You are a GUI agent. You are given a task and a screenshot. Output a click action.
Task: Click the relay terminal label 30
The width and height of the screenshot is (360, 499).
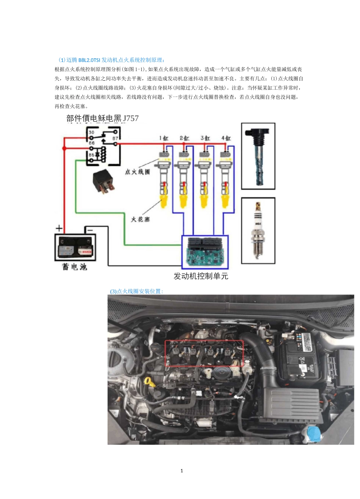coord(91,133)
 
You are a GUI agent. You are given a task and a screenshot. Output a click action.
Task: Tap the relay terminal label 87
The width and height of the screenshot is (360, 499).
coord(115,139)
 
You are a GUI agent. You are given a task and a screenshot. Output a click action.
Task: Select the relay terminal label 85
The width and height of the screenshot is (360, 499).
coord(92,155)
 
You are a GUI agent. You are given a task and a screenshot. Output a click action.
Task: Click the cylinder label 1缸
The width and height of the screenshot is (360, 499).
coord(164,138)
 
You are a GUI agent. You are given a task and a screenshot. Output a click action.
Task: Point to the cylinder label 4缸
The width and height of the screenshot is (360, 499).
coord(226,138)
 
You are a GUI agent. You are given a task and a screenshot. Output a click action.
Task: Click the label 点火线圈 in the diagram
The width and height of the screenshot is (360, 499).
coord(138,172)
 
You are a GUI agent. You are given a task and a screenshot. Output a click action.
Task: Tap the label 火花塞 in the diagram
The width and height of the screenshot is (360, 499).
coord(140,219)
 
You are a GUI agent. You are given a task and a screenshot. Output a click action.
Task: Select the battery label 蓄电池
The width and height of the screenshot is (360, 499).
coord(75,267)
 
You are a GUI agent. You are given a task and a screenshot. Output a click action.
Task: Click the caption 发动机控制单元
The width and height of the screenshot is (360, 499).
coord(201,276)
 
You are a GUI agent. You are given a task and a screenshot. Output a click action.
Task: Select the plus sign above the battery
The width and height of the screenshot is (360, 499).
coord(59,228)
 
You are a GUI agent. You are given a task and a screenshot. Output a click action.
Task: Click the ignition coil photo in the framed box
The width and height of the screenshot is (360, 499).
coord(258,156)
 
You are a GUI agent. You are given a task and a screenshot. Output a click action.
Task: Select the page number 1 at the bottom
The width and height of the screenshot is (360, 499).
coord(182,471)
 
